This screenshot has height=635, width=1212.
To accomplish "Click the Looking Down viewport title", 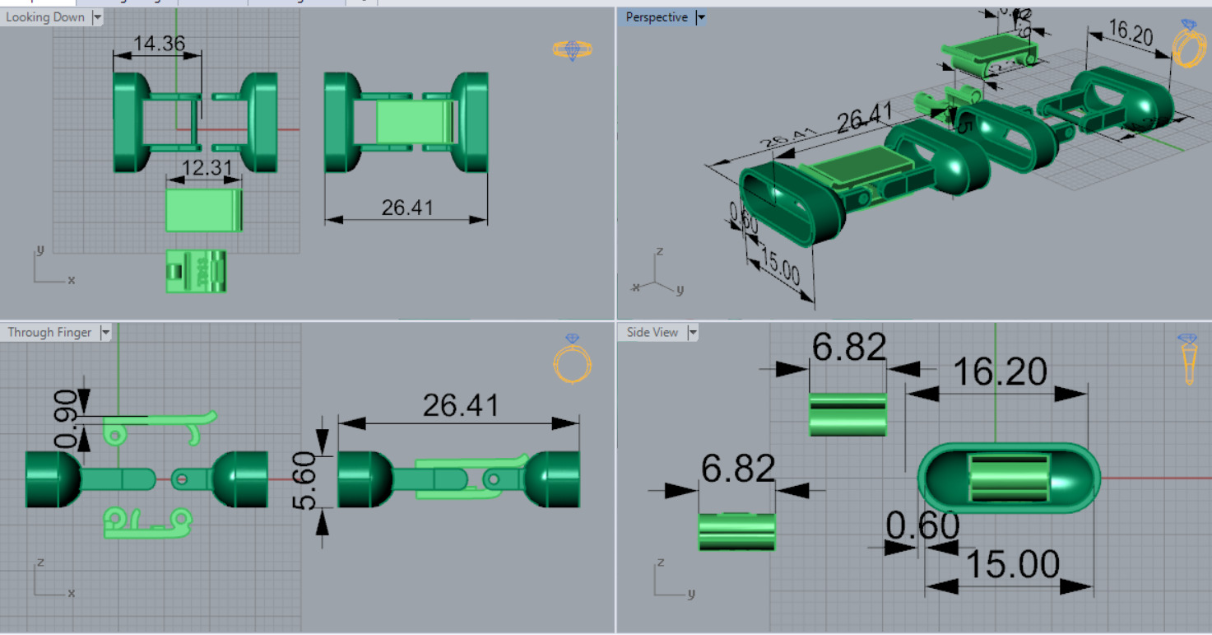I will (45, 17).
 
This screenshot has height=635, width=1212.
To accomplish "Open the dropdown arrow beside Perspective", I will (701, 17).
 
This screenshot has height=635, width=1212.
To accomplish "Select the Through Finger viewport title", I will (49, 333).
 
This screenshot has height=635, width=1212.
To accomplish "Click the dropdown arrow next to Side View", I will (693, 333).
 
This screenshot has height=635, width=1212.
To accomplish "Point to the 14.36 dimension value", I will (159, 43).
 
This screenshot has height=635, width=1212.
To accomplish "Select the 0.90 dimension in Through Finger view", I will (66, 418).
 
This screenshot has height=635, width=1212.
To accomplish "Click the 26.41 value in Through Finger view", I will (461, 405).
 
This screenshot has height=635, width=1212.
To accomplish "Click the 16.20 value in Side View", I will (1000, 372).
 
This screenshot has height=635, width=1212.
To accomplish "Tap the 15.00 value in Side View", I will (1012, 565).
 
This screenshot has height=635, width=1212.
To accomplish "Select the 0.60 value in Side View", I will (922, 525).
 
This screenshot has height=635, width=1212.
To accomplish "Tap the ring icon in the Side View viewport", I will (1188, 359).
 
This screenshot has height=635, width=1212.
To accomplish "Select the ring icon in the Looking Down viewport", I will (572, 50).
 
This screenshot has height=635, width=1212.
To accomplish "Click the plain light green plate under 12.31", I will (203, 211).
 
